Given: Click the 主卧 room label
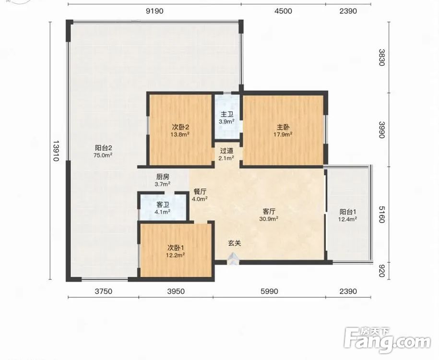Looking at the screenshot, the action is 283,127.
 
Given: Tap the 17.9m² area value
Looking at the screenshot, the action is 283,134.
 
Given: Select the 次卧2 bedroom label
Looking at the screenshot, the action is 180,127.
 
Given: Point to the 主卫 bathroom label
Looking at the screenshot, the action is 227,114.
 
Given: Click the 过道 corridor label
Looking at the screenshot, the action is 226,151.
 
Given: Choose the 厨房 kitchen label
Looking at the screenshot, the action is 163,177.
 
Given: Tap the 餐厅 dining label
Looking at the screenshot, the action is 200,192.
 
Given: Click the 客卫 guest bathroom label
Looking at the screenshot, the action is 163,205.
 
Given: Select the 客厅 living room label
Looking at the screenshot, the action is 269,211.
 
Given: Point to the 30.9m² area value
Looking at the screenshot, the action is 269,219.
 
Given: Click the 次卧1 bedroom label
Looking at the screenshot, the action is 176,248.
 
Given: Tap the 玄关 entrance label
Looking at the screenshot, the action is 234,243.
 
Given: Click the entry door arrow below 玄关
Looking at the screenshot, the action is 233,259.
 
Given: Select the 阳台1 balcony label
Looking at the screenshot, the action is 347,212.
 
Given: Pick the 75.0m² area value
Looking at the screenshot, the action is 103,155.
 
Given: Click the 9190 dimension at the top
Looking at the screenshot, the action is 154,11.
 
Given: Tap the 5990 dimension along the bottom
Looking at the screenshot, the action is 269,291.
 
